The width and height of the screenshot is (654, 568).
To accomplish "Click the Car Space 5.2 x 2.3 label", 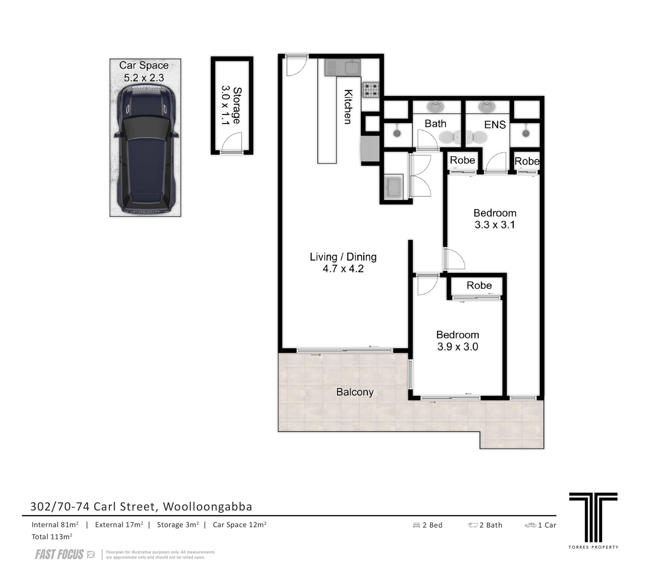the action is (144, 72).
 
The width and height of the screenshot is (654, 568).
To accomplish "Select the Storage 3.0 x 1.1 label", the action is (232, 106).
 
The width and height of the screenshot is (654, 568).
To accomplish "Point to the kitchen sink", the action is (342, 67).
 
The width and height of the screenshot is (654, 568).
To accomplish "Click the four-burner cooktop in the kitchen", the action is (371, 90).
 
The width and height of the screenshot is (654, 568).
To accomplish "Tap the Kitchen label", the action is (347, 107).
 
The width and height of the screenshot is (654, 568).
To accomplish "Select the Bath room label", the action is (435, 124).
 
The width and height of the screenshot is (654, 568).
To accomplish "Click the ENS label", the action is (495, 125).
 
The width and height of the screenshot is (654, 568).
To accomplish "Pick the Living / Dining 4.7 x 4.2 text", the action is (343, 263).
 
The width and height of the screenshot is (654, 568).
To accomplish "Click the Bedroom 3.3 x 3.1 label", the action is (495, 219).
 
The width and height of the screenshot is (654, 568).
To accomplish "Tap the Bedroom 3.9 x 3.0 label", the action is (458, 341).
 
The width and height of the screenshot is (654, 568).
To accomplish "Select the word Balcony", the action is (355, 392).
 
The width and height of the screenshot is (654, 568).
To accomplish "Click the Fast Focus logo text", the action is (59, 555).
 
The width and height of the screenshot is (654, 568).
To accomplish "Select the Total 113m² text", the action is (52, 537).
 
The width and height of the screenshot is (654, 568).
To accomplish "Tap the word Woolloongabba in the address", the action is (208, 507).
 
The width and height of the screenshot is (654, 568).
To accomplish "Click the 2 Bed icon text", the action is (427, 525).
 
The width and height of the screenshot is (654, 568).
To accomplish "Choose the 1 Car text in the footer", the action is (541, 525).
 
